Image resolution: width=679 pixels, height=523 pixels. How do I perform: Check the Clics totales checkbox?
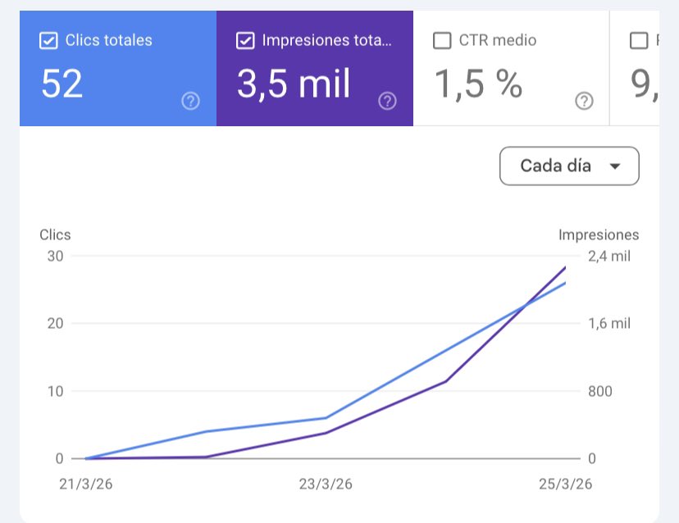(48, 41)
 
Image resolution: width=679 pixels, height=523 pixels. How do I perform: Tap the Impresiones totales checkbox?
(245, 41)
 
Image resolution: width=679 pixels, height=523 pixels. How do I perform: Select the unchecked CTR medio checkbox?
(442, 41)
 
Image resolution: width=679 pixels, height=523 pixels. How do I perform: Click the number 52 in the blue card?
(62, 84)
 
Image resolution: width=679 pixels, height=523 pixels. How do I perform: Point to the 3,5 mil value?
(294, 84)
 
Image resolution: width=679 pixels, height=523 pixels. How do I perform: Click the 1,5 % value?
(477, 84)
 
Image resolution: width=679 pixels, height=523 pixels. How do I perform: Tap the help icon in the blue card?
(190, 101)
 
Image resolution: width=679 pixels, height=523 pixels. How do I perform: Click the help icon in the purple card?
(387, 101)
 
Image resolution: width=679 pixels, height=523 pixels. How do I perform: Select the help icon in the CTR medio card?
(584, 101)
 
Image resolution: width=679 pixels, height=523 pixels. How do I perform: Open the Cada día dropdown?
(568, 166)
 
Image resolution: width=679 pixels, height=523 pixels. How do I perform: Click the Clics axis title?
(55, 234)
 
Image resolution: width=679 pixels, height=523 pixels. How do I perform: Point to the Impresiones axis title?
(598, 234)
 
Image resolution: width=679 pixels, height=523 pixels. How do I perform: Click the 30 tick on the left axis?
(55, 256)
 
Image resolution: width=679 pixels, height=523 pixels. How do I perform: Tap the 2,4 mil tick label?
(609, 256)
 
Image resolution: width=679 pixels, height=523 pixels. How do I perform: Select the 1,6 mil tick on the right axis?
(609, 323)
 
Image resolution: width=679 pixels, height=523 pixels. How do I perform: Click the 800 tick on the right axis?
(600, 391)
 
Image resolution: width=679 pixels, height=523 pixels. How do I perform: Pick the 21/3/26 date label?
(86, 484)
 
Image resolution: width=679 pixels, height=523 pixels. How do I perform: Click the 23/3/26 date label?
(326, 484)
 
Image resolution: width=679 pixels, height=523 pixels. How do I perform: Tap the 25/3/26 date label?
(565, 484)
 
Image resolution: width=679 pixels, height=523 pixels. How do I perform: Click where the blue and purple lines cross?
(524, 307)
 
